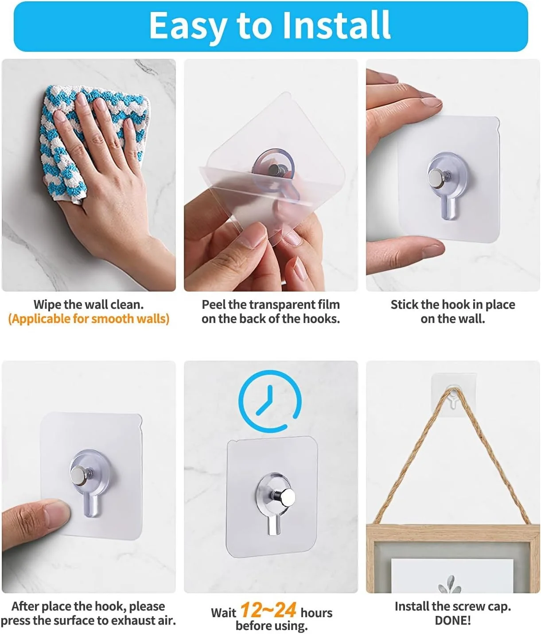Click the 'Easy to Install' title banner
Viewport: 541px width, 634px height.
270,27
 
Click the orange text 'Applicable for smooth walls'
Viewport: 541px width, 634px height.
89,319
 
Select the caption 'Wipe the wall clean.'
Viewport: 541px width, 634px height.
89,304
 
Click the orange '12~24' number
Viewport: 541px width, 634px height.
268,611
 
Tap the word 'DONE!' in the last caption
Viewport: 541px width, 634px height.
452,620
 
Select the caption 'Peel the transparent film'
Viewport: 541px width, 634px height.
271,304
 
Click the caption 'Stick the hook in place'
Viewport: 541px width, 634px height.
452,304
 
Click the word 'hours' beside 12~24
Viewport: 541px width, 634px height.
316,613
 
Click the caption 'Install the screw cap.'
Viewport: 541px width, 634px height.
452,606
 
